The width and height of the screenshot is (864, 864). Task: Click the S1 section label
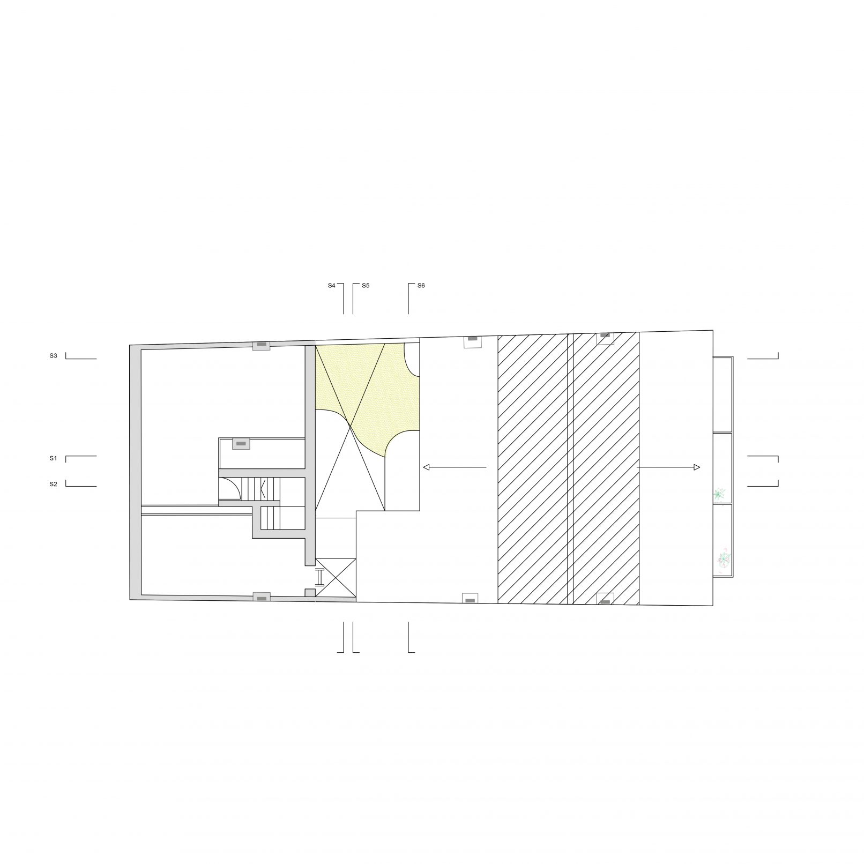[x=53, y=458]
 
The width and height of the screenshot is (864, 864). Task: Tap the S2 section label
[x=53, y=484]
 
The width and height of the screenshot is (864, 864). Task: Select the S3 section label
[x=53, y=355]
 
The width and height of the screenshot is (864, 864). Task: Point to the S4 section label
[x=332, y=286]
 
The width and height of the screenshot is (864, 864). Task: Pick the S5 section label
[x=366, y=286]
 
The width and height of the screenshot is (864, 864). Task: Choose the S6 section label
[x=421, y=286]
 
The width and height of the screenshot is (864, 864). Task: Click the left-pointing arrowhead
[x=426, y=467]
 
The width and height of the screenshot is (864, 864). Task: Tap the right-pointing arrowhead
[x=697, y=467]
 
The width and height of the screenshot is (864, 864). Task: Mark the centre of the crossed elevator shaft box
[x=336, y=577]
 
